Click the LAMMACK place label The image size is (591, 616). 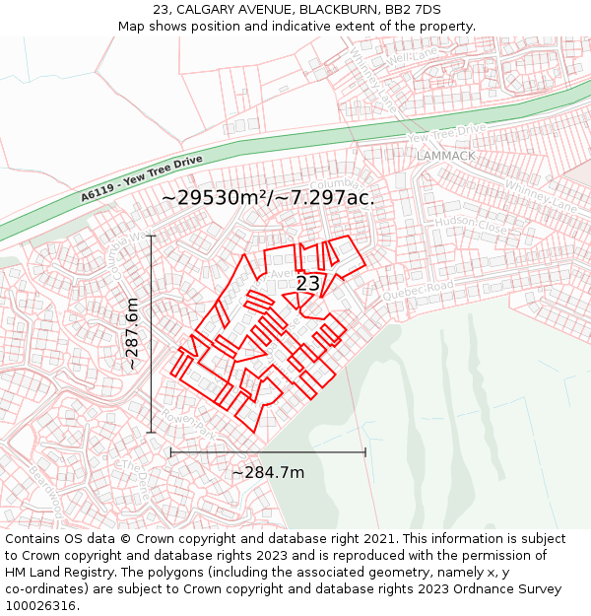tap(445, 156)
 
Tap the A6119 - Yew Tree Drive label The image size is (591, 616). tap(141, 177)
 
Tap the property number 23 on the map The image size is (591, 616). tap(307, 284)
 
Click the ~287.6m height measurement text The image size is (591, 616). tap(133, 333)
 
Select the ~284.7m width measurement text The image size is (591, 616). tap(268, 472)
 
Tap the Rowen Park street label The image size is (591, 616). tap(187, 424)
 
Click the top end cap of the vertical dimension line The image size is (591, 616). tap(151, 236)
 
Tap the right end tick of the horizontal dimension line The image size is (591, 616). tap(365, 452)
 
